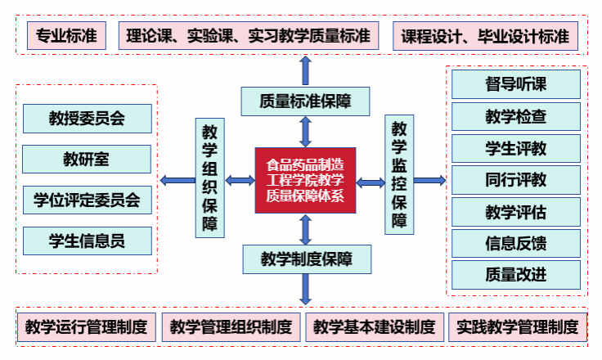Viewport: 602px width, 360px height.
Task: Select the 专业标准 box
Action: click(66, 36)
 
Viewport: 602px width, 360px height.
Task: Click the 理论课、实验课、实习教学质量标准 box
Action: click(249, 36)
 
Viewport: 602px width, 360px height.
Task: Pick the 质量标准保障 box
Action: click(305, 101)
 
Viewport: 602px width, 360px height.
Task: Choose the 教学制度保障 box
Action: click(306, 259)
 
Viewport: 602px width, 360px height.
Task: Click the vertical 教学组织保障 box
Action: click(209, 178)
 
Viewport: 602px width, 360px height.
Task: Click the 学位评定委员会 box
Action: click(87, 199)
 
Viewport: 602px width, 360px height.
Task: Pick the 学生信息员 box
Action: click(87, 240)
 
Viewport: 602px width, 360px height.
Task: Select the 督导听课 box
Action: click(516, 84)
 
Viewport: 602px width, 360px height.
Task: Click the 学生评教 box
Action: click(516, 148)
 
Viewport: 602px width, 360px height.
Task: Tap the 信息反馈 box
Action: click(516, 243)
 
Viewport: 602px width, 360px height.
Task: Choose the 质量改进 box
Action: click(516, 274)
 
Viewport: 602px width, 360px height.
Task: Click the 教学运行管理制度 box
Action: click(87, 327)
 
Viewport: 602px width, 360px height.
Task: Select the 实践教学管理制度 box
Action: click(518, 327)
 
